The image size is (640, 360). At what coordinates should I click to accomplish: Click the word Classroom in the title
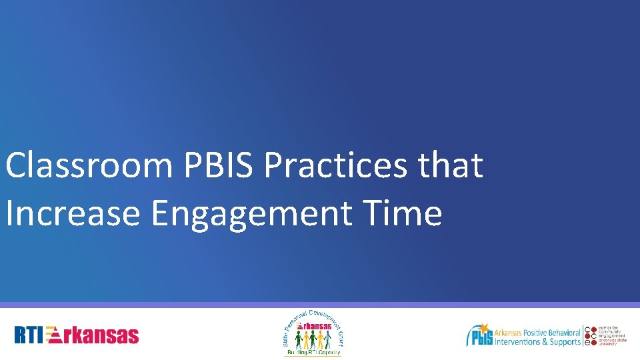88,165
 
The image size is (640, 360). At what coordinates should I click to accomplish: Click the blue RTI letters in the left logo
30,335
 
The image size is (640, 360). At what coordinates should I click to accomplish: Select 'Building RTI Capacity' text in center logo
312,351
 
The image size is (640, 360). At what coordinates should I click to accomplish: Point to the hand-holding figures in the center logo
312,339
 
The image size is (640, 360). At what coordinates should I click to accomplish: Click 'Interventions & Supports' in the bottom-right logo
537,342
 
